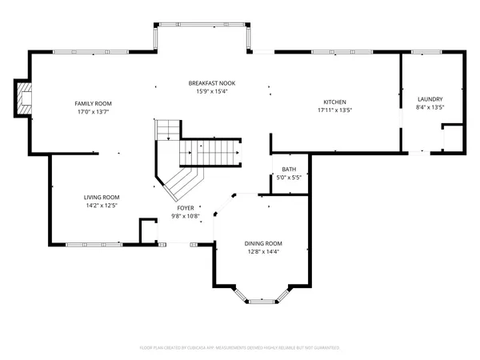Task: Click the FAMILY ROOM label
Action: [x=94, y=103]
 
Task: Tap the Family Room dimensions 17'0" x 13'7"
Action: [x=94, y=111]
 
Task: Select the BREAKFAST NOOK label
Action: [x=211, y=83]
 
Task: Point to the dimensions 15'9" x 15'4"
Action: [x=211, y=91]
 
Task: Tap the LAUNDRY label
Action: [x=430, y=98]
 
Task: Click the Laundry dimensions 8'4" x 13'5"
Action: [x=430, y=106]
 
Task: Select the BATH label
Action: [x=289, y=169]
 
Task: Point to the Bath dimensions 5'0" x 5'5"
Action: [x=289, y=177]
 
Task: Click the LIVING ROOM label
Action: [x=102, y=197]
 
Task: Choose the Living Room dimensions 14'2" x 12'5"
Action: [x=102, y=206]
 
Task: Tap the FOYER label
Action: [x=186, y=208]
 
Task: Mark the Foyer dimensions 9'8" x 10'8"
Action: [x=186, y=216]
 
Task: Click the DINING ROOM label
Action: [x=263, y=243]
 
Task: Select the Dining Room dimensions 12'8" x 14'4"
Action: [x=263, y=252]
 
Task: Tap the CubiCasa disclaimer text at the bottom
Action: [x=240, y=348]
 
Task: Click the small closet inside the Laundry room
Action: [x=453, y=138]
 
